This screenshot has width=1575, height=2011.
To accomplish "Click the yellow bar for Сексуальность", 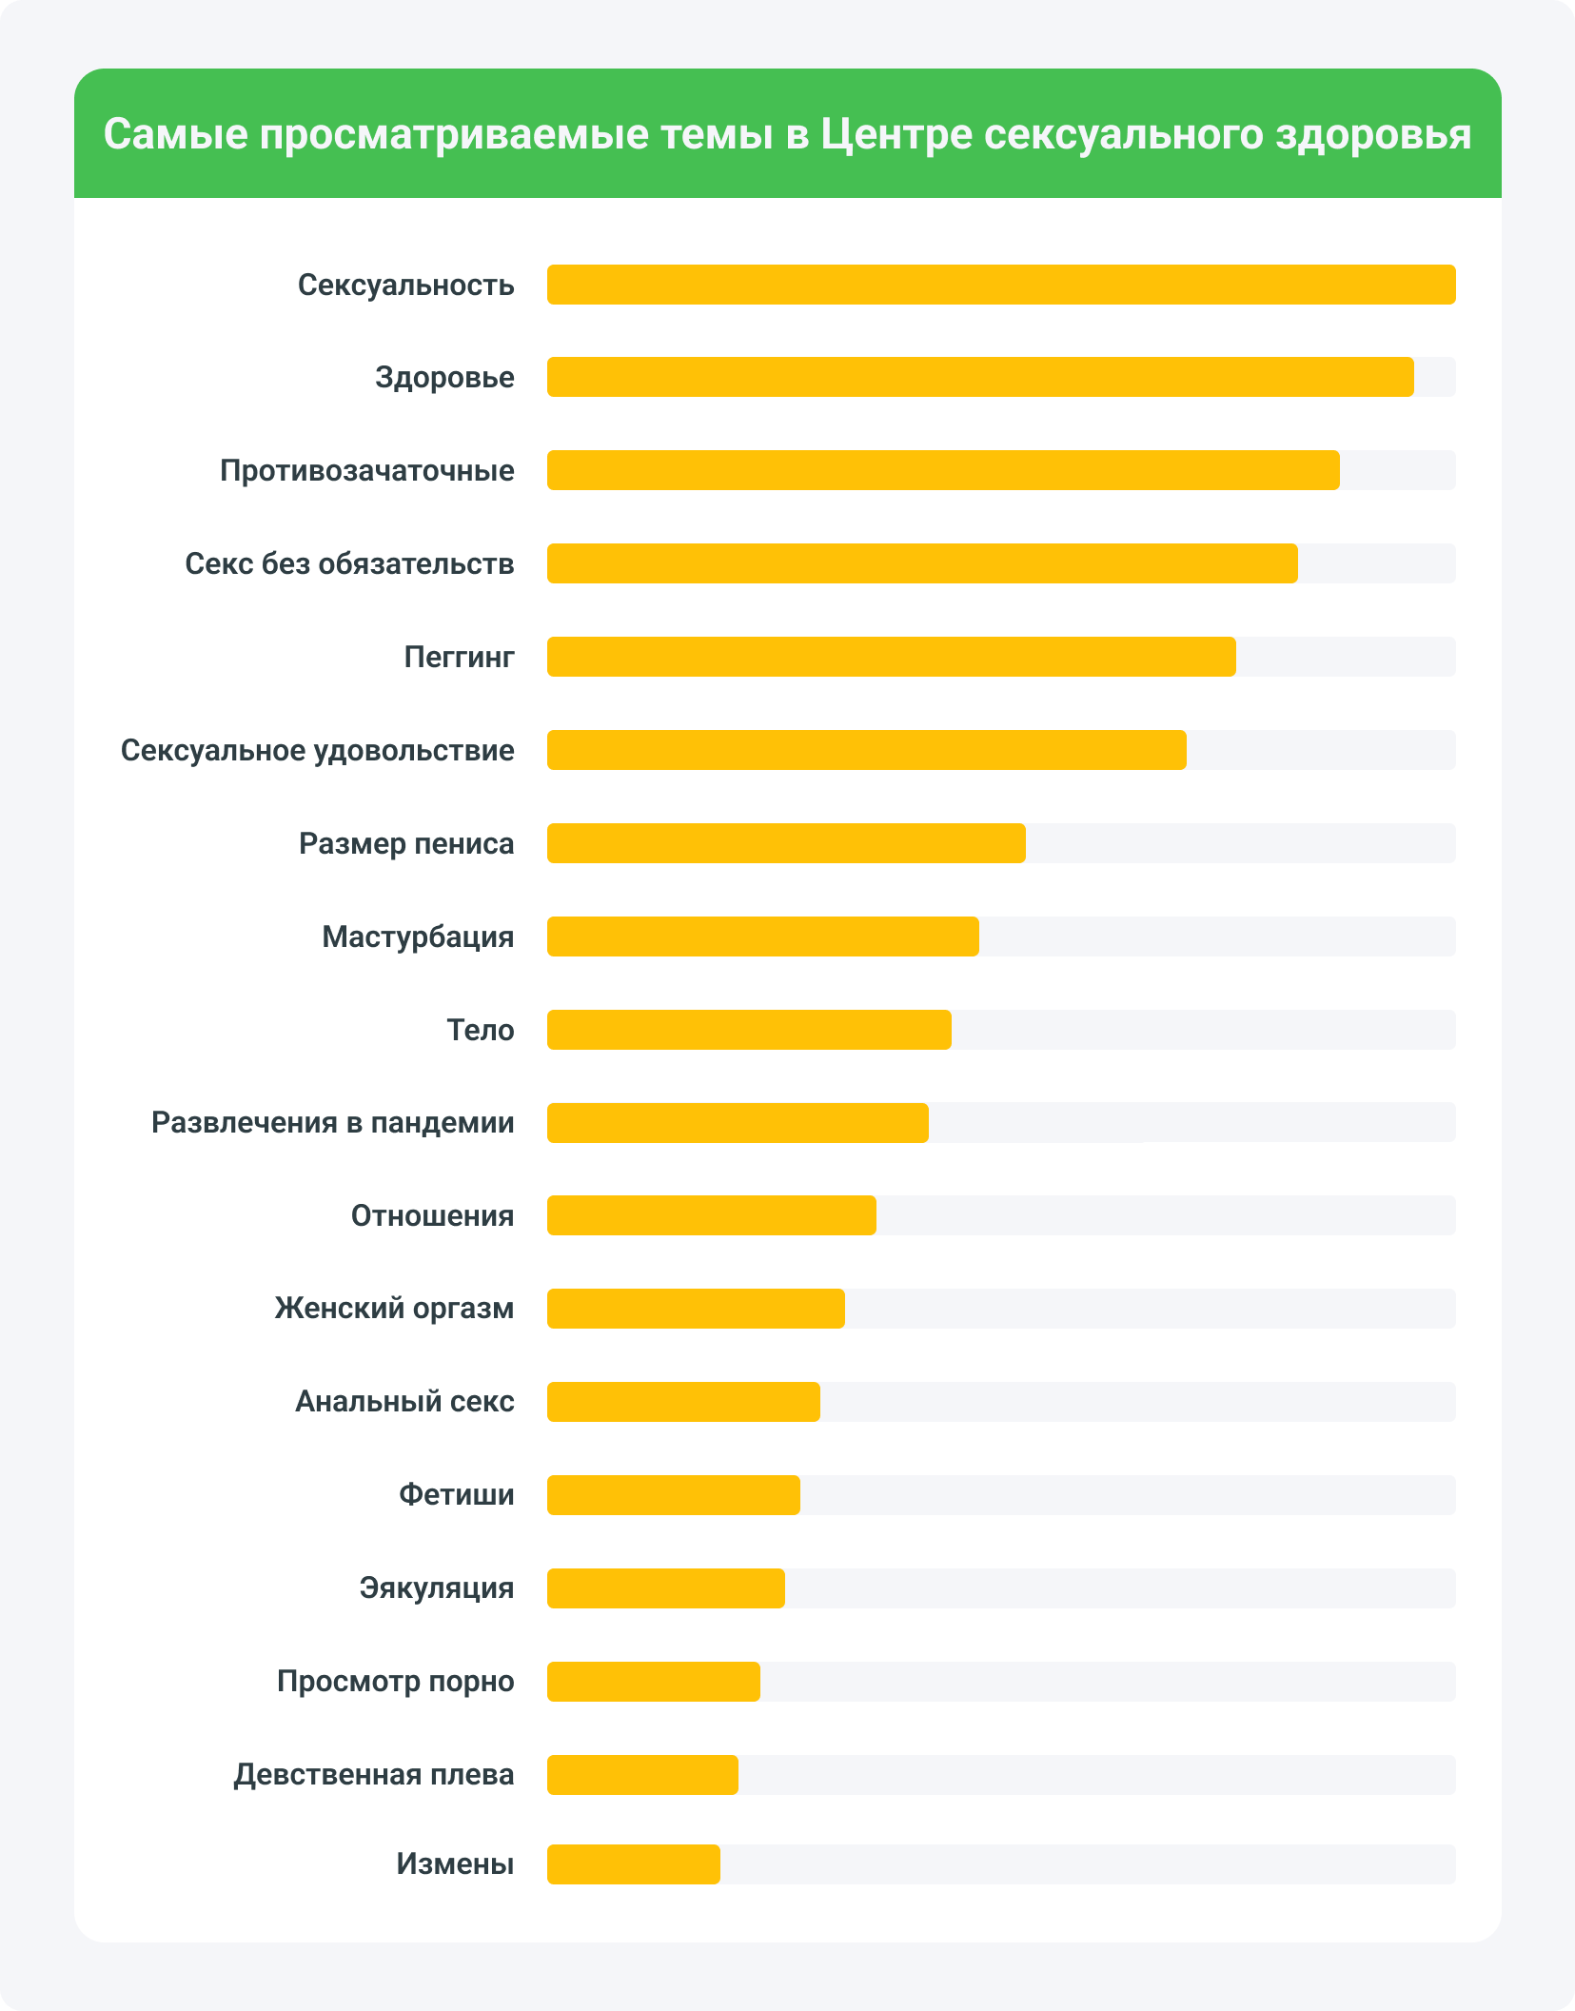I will click(x=1001, y=285).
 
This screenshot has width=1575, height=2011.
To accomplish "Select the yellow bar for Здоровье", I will click(x=980, y=377).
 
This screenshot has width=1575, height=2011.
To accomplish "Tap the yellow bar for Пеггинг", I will click(x=891, y=657).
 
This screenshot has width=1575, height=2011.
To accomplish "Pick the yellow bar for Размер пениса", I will click(x=786, y=843).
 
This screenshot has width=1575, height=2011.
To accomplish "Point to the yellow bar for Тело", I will click(x=749, y=1030).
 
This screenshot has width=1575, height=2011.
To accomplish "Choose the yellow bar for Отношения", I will click(x=711, y=1215).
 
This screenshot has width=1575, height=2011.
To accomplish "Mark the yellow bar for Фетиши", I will click(x=673, y=1495).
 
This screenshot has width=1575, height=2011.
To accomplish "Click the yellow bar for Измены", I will click(x=633, y=1863).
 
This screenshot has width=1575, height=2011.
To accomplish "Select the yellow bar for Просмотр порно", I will click(x=653, y=1682).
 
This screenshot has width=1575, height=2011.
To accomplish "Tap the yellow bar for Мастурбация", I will click(x=762, y=936).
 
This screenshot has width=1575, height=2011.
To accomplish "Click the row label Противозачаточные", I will click(x=366, y=470).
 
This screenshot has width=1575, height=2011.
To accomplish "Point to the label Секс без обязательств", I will click(x=349, y=563).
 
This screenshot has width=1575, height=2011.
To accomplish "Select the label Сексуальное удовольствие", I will click(x=317, y=750).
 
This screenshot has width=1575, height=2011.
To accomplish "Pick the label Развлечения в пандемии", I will click(x=332, y=1122).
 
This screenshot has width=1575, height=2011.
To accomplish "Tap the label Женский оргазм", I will click(x=394, y=1308).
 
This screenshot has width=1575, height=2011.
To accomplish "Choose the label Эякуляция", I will click(x=436, y=1587).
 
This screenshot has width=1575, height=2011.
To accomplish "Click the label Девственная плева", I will click(x=373, y=1774).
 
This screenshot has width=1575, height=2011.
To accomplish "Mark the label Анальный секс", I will click(x=404, y=1401).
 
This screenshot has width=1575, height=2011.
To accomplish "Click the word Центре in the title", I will click(x=896, y=134).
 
